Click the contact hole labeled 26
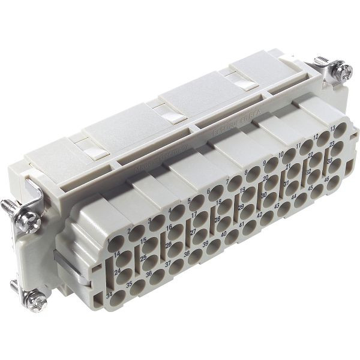[x=177, y=250]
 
